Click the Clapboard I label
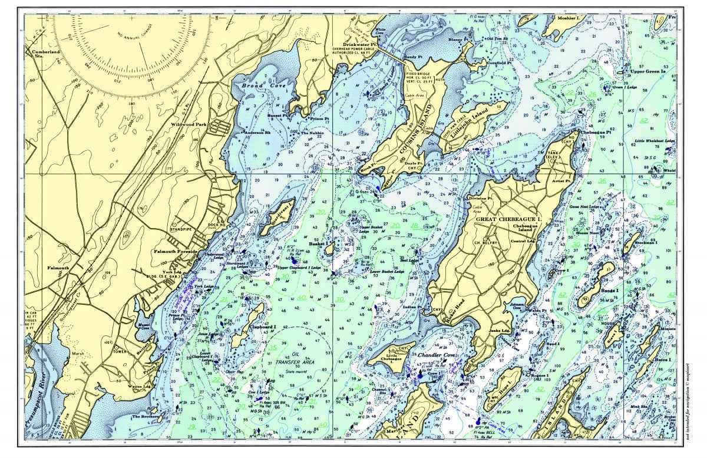coord(263,327)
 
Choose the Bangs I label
coord(609,290)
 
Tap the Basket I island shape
coord(328,250)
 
